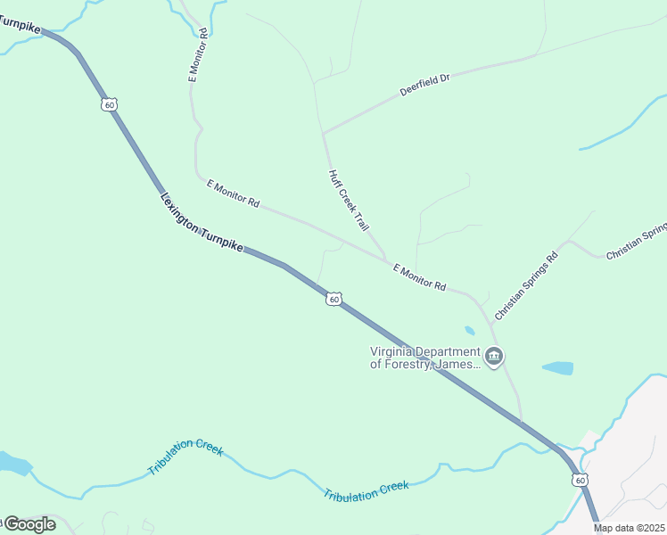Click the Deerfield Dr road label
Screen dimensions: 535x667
pyautogui.click(x=424, y=85)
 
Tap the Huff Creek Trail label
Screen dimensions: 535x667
pyautogui.click(x=348, y=202)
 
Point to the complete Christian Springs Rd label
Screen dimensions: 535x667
pyautogui.click(x=526, y=286)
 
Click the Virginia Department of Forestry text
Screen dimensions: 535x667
pyautogui.click(x=425, y=357)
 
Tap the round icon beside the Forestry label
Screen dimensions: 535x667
pyautogui.click(x=494, y=358)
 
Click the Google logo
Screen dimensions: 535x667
pyautogui.click(x=29, y=524)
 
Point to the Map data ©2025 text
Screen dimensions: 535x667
pyautogui.click(x=629, y=528)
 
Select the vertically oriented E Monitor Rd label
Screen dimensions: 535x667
pyautogui.click(x=197, y=55)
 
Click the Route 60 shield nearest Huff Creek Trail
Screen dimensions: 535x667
pyautogui.click(x=333, y=300)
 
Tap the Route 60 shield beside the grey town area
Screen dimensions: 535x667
pyautogui.click(x=580, y=480)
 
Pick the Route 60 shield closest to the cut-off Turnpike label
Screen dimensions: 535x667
pyautogui.click(x=109, y=104)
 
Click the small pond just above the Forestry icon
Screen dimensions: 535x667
pyautogui.click(x=470, y=331)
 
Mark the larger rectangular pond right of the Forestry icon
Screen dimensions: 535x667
pyautogui.click(x=557, y=367)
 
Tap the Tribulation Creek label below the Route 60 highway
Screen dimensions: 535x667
pyautogui.click(x=366, y=490)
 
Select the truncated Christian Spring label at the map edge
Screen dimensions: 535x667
pyautogui.click(x=637, y=241)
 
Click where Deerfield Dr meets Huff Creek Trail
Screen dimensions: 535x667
pyautogui.click(x=324, y=133)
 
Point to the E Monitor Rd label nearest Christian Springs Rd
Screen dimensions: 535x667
pyautogui.click(x=418, y=276)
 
